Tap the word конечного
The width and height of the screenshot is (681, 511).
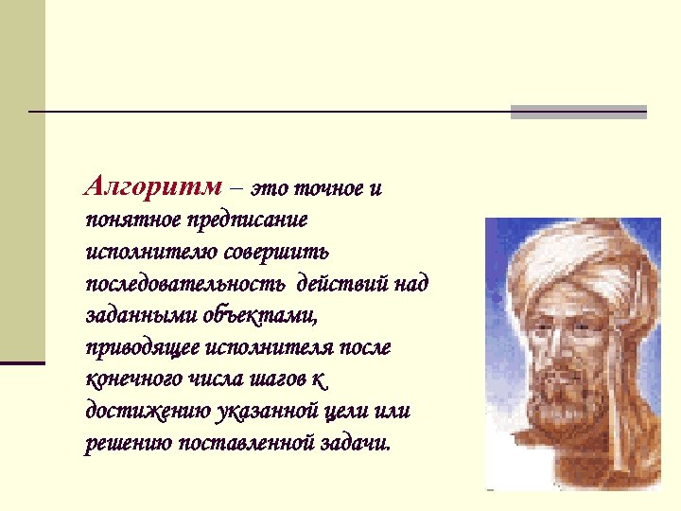pyautogui.click(x=128, y=379)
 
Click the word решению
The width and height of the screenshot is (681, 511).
pyautogui.click(x=122, y=443)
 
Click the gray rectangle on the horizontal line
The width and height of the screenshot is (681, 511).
pyautogui.click(x=578, y=112)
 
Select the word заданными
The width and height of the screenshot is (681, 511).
pyautogui.click(x=141, y=315)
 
